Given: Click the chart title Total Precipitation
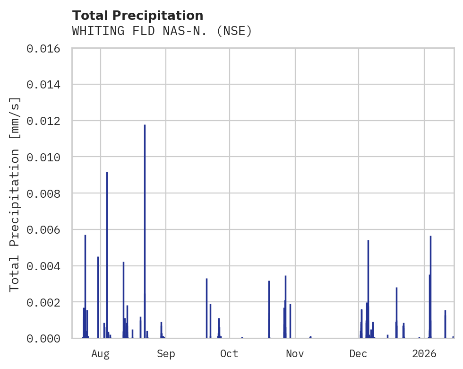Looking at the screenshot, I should click(137, 16).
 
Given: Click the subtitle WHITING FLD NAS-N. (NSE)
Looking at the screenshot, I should click(162, 31).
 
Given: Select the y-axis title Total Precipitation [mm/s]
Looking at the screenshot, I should click(15, 193).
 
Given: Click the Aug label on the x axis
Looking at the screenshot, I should click(101, 353).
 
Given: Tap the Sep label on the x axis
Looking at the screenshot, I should click(166, 353).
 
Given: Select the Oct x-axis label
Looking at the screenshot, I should click(230, 353).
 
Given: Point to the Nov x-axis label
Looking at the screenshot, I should click(295, 353).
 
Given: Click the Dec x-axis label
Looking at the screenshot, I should click(359, 353).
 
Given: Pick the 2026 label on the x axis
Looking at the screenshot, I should click(424, 353).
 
